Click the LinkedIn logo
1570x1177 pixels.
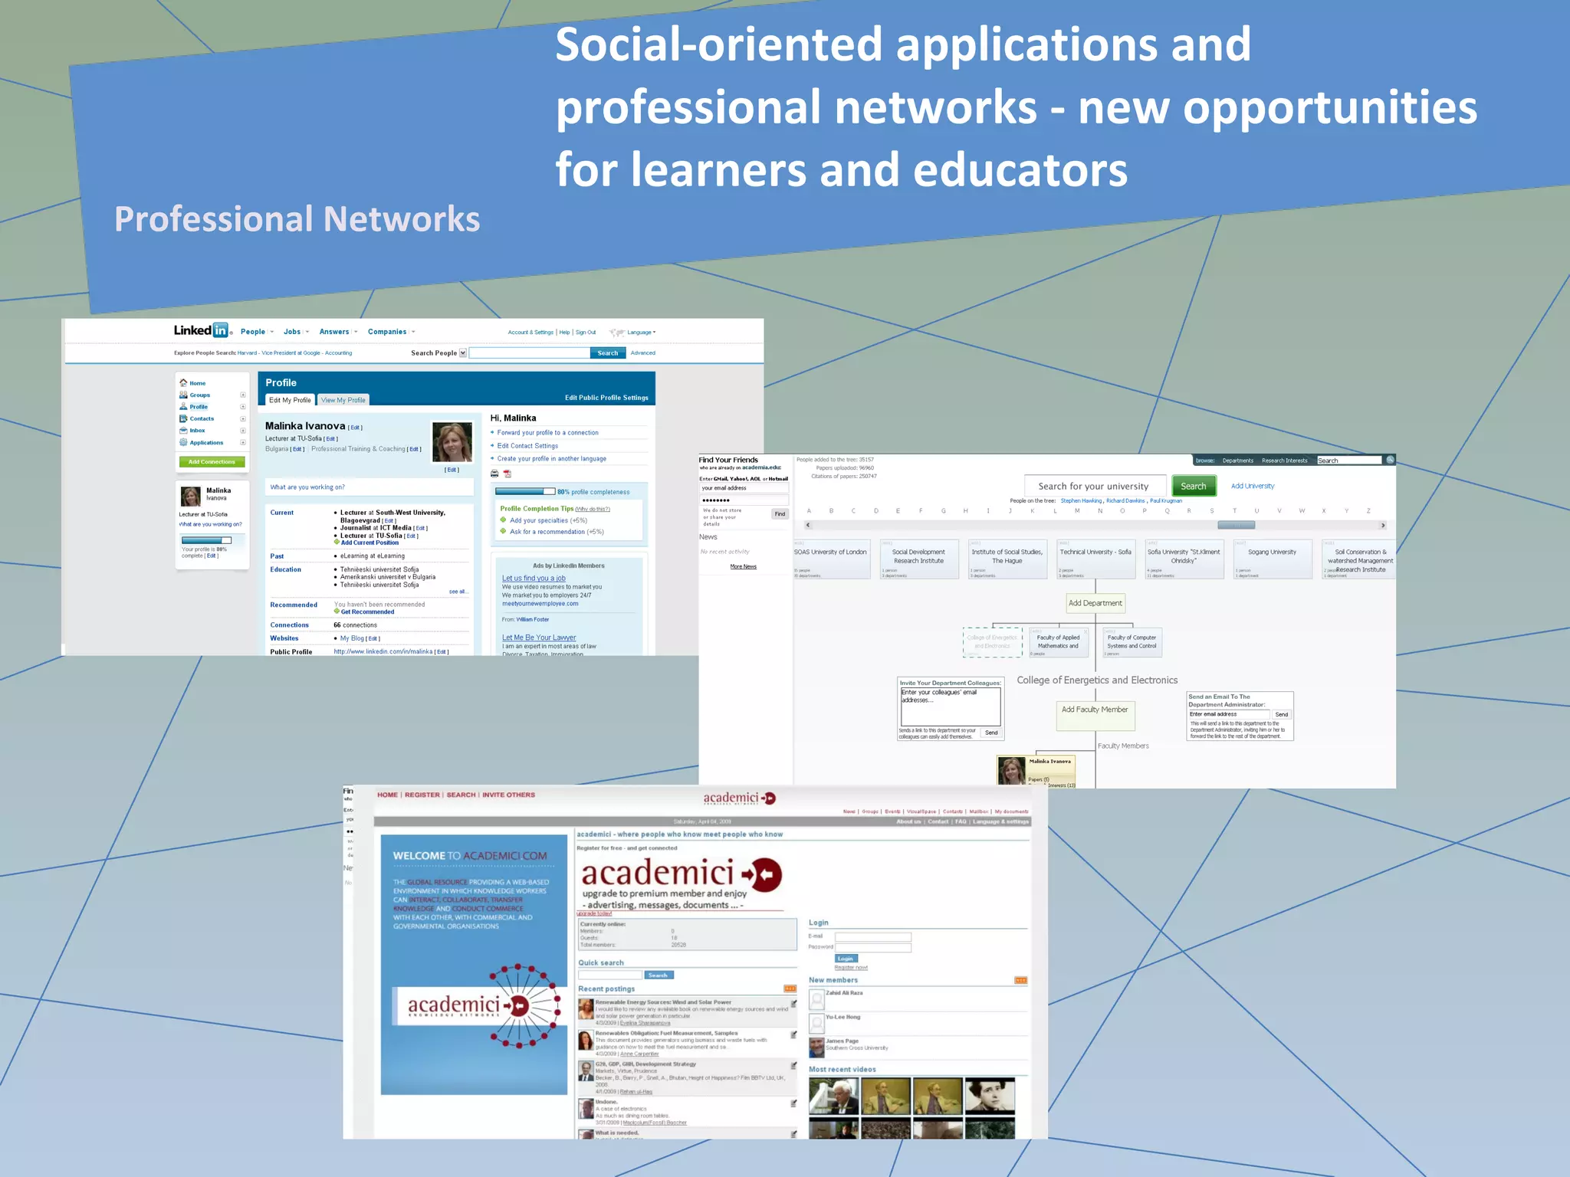point(202,330)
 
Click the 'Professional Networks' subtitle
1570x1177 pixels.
point(297,219)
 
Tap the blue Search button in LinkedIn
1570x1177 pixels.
point(607,353)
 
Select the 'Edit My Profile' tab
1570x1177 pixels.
point(290,400)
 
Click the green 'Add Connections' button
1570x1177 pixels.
point(212,462)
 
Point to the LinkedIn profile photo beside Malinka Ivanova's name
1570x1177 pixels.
point(452,441)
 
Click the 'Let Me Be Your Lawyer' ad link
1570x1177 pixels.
point(538,638)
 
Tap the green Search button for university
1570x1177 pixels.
point(1193,487)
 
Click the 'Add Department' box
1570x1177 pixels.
point(1095,603)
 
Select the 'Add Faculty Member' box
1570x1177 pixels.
point(1094,710)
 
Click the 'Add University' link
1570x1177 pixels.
point(1253,487)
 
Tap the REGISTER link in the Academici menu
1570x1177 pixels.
point(422,795)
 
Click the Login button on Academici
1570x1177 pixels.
point(846,959)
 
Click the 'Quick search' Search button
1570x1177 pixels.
point(658,975)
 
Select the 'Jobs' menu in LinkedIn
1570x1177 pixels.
point(292,332)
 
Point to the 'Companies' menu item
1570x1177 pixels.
point(387,332)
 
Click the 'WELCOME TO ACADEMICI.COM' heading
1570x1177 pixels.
point(470,856)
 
